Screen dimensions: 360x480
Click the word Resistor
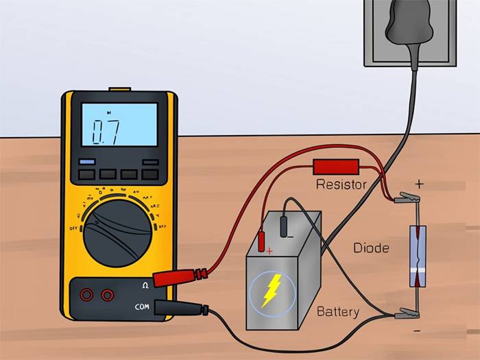coord(341,184)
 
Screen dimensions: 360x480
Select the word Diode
coord(371,248)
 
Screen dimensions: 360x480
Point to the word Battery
coord(337,312)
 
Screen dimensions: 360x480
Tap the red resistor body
coord(335,167)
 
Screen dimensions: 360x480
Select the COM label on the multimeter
coord(141,306)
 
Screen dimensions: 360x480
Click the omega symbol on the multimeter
coord(145,285)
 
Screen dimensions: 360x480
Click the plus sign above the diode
coord(419,184)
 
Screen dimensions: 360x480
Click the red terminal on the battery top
coord(261,241)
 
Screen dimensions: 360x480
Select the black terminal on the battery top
coord(289,227)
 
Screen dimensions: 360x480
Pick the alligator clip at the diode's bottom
coord(406,315)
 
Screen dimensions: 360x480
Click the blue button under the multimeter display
coord(86,162)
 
